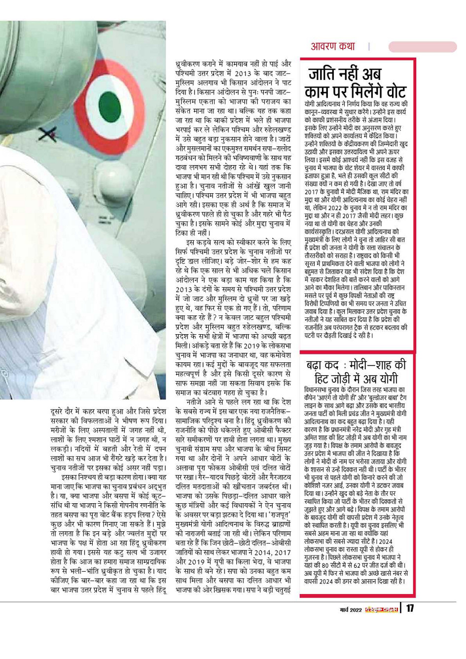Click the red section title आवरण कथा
click(332, 47)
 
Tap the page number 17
click(410, 608)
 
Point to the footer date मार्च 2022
click(351, 610)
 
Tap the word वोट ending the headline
click(390, 92)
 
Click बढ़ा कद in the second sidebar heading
click(323, 366)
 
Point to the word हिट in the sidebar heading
click(325, 379)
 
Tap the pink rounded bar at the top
click(422, 47)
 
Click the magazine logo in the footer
click(382, 610)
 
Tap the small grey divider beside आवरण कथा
click(368, 47)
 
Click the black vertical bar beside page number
click(401, 608)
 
